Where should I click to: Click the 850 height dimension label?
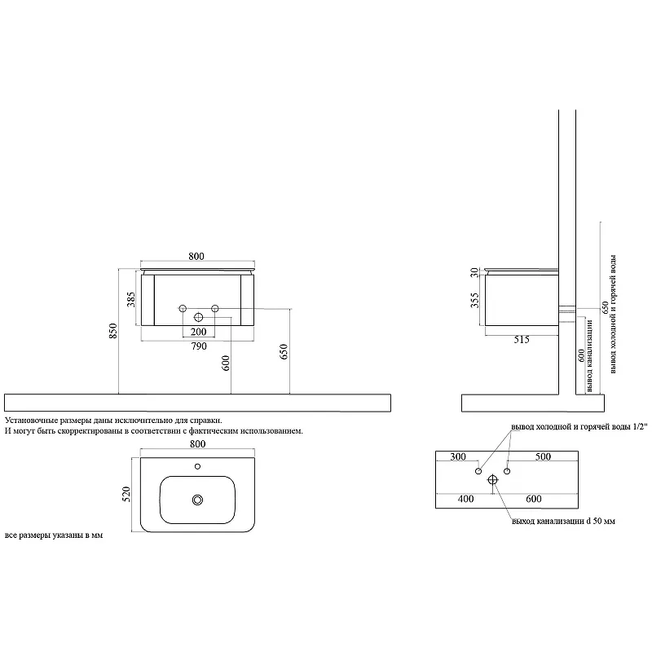tap(113, 331)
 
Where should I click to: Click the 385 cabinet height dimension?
tap(131, 299)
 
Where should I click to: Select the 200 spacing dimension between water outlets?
tap(198, 332)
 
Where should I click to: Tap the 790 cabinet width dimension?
tap(199, 346)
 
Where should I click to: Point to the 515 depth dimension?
tap(522, 340)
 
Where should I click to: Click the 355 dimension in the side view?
tap(474, 300)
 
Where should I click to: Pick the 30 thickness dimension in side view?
tap(474, 273)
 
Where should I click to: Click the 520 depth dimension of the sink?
tap(126, 494)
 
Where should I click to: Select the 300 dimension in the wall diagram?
tap(458, 456)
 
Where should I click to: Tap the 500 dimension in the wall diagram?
tap(543, 456)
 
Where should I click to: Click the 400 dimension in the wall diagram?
tap(465, 499)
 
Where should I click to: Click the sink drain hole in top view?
tap(197, 500)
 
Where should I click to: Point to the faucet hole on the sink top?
tap(197, 466)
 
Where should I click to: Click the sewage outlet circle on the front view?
tap(198, 318)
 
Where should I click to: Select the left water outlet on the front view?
tap(182, 309)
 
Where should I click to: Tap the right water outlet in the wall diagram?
tap(507, 471)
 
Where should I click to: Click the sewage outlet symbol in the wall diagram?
tap(493, 480)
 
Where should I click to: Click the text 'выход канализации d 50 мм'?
tap(563, 521)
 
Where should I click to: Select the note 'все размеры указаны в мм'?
tap(54, 535)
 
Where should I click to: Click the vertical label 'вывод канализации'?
tap(589, 355)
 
